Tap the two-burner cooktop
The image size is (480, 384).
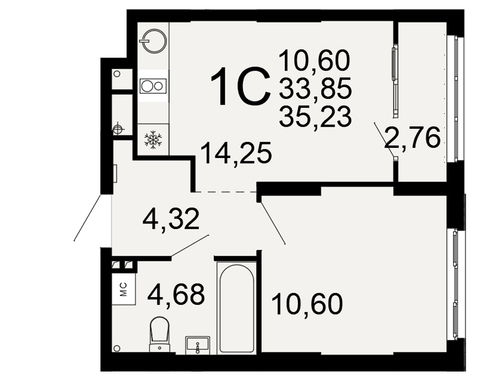tap(153, 86)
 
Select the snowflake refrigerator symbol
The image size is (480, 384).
tap(153, 140)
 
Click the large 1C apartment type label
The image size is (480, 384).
tap(240, 87)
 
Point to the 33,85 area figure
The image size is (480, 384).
tap(315, 88)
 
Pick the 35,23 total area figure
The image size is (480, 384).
tap(315, 116)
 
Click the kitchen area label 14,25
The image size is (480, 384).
tap(237, 153)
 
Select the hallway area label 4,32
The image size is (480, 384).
tap(171, 219)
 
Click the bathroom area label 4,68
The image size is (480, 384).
tap(176, 295)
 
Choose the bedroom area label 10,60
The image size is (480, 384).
tap(307, 304)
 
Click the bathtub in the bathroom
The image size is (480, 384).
tap(237, 308)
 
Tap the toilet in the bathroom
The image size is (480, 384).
tap(159, 334)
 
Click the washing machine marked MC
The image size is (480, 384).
tap(124, 289)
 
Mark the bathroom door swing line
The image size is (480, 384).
tap(190, 246)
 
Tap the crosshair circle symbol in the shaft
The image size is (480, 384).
tap(117, 129)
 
